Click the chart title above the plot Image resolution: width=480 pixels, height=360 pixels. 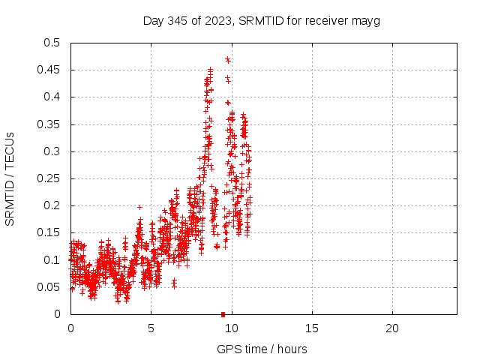tap(261, 21)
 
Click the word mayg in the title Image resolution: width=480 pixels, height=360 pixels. tap(367, 21)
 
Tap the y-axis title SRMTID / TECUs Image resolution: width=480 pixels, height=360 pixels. tap(10, 178)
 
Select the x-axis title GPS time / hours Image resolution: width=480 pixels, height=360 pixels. tap(262, 349)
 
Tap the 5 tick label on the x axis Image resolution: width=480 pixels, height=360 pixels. tap(151, 328)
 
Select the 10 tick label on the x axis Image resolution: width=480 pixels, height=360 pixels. tap(232, 328)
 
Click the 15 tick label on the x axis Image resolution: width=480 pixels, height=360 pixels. tap(312, 328)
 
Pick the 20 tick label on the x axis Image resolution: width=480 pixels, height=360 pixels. tap(392, 328)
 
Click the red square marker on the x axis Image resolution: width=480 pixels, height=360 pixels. tap(223, 314)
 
